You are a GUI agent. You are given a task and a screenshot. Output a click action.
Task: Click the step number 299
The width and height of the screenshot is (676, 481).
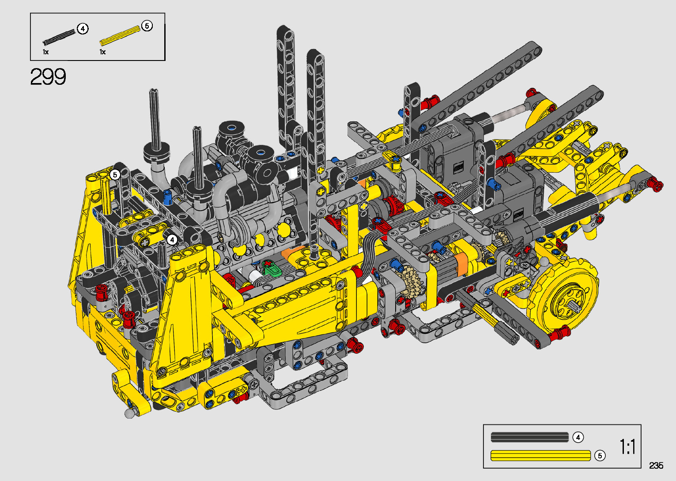tap(48, 77)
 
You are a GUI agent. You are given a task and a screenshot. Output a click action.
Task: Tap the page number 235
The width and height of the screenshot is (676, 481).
tap(656, 465)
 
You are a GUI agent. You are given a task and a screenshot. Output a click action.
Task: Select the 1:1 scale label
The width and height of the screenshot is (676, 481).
tap(627, 447)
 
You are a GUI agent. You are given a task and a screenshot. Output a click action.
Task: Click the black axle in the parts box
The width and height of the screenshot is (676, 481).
tap(59, 37)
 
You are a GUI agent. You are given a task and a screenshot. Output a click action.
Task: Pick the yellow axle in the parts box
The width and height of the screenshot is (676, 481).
tap(120, 36)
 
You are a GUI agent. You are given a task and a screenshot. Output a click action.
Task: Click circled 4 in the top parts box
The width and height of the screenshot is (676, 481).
tap(83, 29)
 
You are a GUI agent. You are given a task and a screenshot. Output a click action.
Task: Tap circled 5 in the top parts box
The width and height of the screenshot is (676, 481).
tap(147, 26)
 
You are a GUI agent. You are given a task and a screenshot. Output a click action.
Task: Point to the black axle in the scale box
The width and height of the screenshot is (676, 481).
tap(530, 437)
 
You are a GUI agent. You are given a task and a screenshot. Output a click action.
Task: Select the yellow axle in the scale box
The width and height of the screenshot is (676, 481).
tap(540, 456)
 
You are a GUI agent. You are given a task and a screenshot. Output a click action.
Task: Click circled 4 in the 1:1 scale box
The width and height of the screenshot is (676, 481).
tap(578, 437)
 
